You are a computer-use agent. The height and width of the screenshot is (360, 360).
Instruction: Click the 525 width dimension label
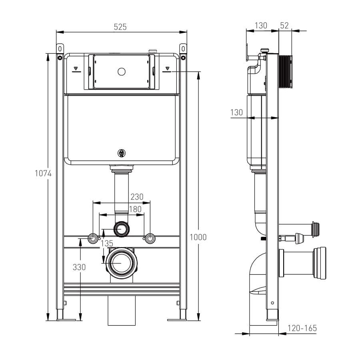(x=120, y=27)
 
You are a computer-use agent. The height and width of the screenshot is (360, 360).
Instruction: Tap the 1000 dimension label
(x=199, y=237)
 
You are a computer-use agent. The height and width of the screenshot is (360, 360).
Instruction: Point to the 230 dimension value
(x=137, y=197)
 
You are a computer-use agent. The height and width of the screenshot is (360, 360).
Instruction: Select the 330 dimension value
(x=79, y=267)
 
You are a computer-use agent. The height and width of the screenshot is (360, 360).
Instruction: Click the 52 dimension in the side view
(x=284, y=25)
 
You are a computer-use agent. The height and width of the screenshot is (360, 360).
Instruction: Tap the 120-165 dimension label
(x=302, y=328)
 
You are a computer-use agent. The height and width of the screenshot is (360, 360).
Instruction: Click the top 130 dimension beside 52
(x=261, y=25)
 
